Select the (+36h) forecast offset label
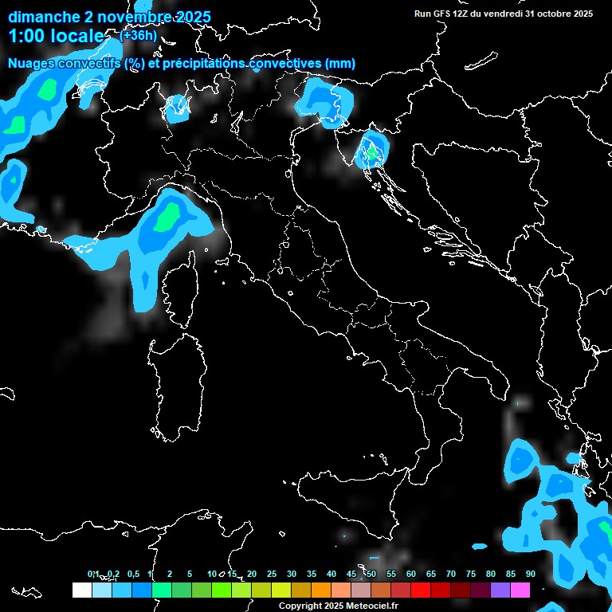click(x=138, y=35)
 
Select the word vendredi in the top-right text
click(x=500, y=14)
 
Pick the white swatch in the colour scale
click(x=81, y=590)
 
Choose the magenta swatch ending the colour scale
click(x=520, y=590)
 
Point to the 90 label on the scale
click(x=530, y=575)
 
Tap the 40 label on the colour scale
click(x=331, y=575)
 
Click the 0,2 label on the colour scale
click(x=114, y=575)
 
